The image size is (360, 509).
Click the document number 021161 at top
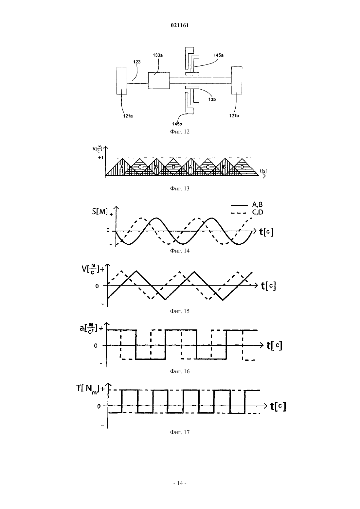(180, 26)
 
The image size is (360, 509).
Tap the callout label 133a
(158, 55)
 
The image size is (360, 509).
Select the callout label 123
(137, 62)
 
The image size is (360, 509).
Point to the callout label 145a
(218, 55)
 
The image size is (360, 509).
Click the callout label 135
(212, 99)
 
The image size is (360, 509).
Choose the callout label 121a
(128, 116)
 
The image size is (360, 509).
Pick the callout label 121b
(234, 116)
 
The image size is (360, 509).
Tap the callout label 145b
(177, 124)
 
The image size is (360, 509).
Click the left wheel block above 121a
(122, 80)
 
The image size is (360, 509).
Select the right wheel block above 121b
(237, 80)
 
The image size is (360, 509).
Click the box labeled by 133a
(159, 80)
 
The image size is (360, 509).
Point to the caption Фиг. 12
(180, 132)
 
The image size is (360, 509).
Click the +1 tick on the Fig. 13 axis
(101, 157)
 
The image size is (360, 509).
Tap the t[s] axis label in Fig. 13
(263, 171)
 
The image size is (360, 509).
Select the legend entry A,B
(257, 204)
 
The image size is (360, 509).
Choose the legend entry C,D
(258, 212)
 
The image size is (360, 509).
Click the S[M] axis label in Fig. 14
(100, 212)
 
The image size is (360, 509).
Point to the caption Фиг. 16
(180, 372)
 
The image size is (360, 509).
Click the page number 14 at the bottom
(180, 483)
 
